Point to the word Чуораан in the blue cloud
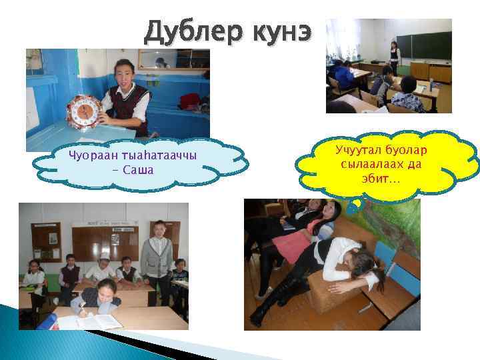(91, 156)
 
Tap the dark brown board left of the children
(46, 241)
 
